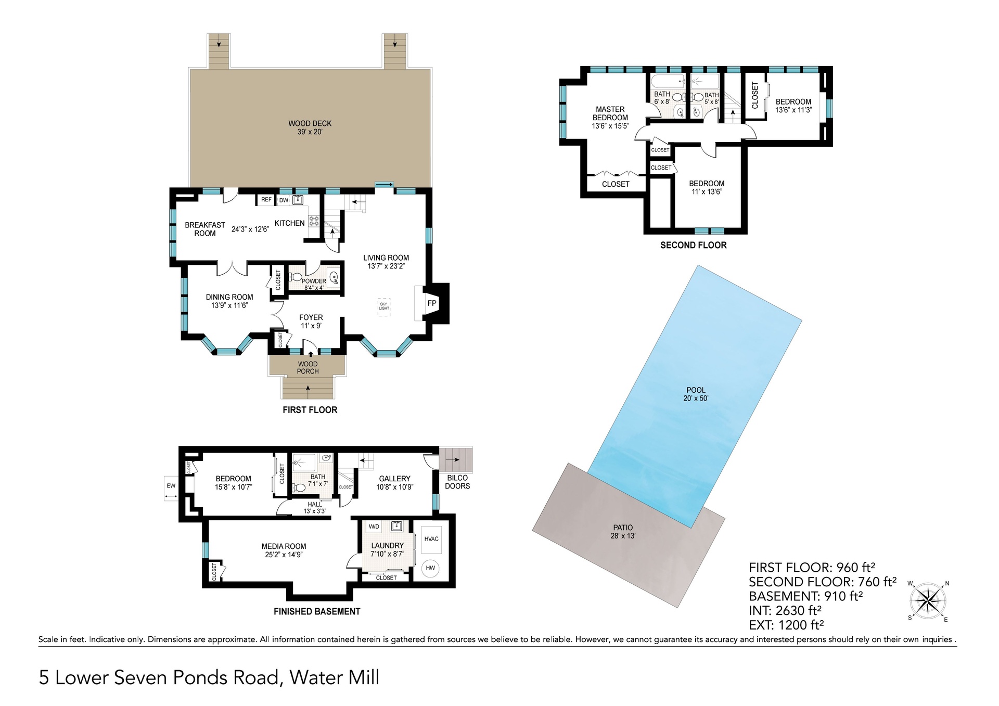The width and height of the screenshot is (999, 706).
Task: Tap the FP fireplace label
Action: tap(432, 303)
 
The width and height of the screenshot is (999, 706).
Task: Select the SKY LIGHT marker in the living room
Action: tap(384, 306)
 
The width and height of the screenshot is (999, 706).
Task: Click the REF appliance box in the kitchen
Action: tap(266, 200)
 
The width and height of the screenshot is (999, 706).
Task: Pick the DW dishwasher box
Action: tap(284, 200)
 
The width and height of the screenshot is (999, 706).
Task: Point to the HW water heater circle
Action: tap(430, 568)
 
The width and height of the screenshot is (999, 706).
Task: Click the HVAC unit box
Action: tap(431, 539)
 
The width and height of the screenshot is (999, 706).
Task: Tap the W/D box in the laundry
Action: tap(374, 527)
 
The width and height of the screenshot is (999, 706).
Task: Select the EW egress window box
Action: tap(171, 486)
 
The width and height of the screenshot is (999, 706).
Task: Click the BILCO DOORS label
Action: tap(457, 482)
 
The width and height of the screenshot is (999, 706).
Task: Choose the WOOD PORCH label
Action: tap(308, 368)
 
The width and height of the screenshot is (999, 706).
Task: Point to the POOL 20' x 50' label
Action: tap(696, 394)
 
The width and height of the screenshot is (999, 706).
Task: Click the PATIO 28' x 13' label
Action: tap(623, 532)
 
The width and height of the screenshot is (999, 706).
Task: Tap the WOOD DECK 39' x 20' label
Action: tap(310, 127)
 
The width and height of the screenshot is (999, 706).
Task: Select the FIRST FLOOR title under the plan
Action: tap(310, 410)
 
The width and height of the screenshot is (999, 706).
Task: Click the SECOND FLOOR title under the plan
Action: tap(694, 245)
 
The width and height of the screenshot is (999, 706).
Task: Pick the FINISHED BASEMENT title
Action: tap(317, 611)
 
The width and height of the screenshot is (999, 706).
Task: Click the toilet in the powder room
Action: tap(294, 277)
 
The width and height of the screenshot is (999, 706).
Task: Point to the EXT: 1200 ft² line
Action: tap(786, 625)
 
